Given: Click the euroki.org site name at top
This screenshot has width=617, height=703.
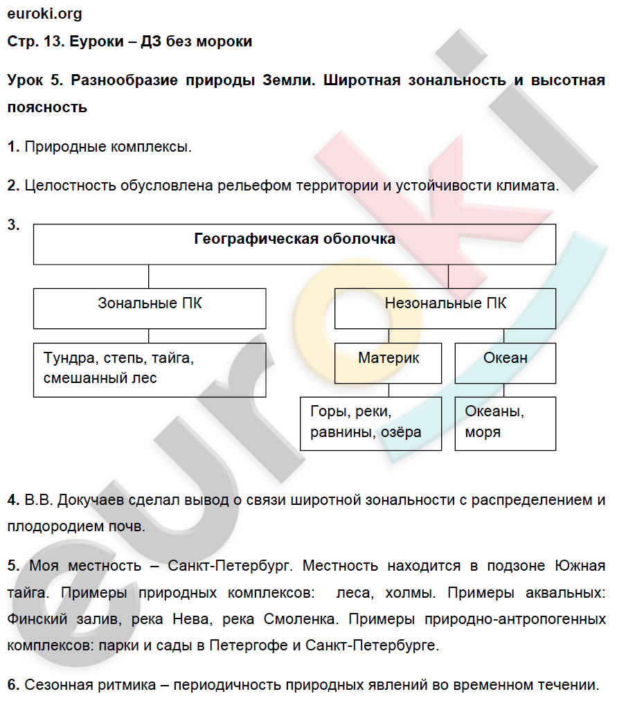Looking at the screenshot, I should (x=44, y=13).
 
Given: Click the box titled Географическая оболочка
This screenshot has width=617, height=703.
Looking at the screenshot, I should (x=294, y=244).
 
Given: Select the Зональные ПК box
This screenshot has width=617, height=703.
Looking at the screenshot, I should (x=150, y=308).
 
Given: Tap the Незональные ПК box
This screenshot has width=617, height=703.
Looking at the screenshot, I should (x=445, y=308).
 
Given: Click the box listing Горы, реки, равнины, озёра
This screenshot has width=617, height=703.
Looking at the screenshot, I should (x=370, y=423).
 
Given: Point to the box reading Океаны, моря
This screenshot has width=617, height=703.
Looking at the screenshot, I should (x=506, y=423).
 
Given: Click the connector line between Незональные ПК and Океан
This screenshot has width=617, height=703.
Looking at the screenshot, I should (x=505, y=335).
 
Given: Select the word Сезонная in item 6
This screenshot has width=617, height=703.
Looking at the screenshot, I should (x=55, y=686).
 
